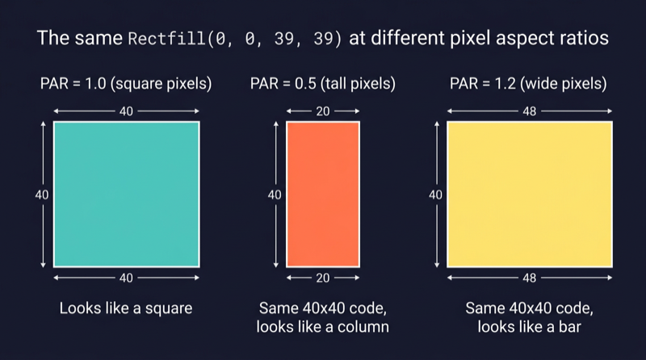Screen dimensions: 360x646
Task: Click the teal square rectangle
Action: click(x=127, y=194)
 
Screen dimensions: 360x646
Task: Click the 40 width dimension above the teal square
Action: click(x=127, y=111)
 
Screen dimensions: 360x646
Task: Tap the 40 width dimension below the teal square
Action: click(x=127, y=278)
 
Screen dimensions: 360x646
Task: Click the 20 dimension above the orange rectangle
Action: click(x=322, y=111)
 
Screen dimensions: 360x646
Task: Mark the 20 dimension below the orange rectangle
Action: click(x=322, y=278)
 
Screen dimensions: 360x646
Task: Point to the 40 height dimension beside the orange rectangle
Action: click(x=275, y=195)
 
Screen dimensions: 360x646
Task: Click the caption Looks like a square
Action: click(x=127, y=308)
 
